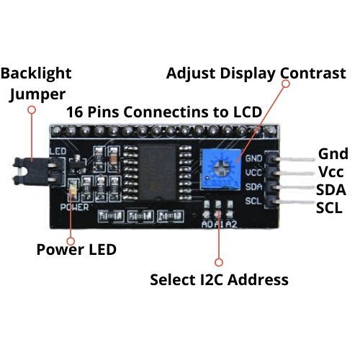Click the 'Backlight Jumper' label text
(37, 84)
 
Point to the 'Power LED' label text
(76, 250)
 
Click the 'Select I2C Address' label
(219, 279)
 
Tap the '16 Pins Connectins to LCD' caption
(163, 112)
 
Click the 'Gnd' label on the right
(333, 153)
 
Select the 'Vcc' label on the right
(332, 172)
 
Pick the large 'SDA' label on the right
(332, 190)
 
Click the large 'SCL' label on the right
(332, 208)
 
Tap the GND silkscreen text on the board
(254, 158)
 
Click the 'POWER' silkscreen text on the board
(73, 206)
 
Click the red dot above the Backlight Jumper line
(32, 109)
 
